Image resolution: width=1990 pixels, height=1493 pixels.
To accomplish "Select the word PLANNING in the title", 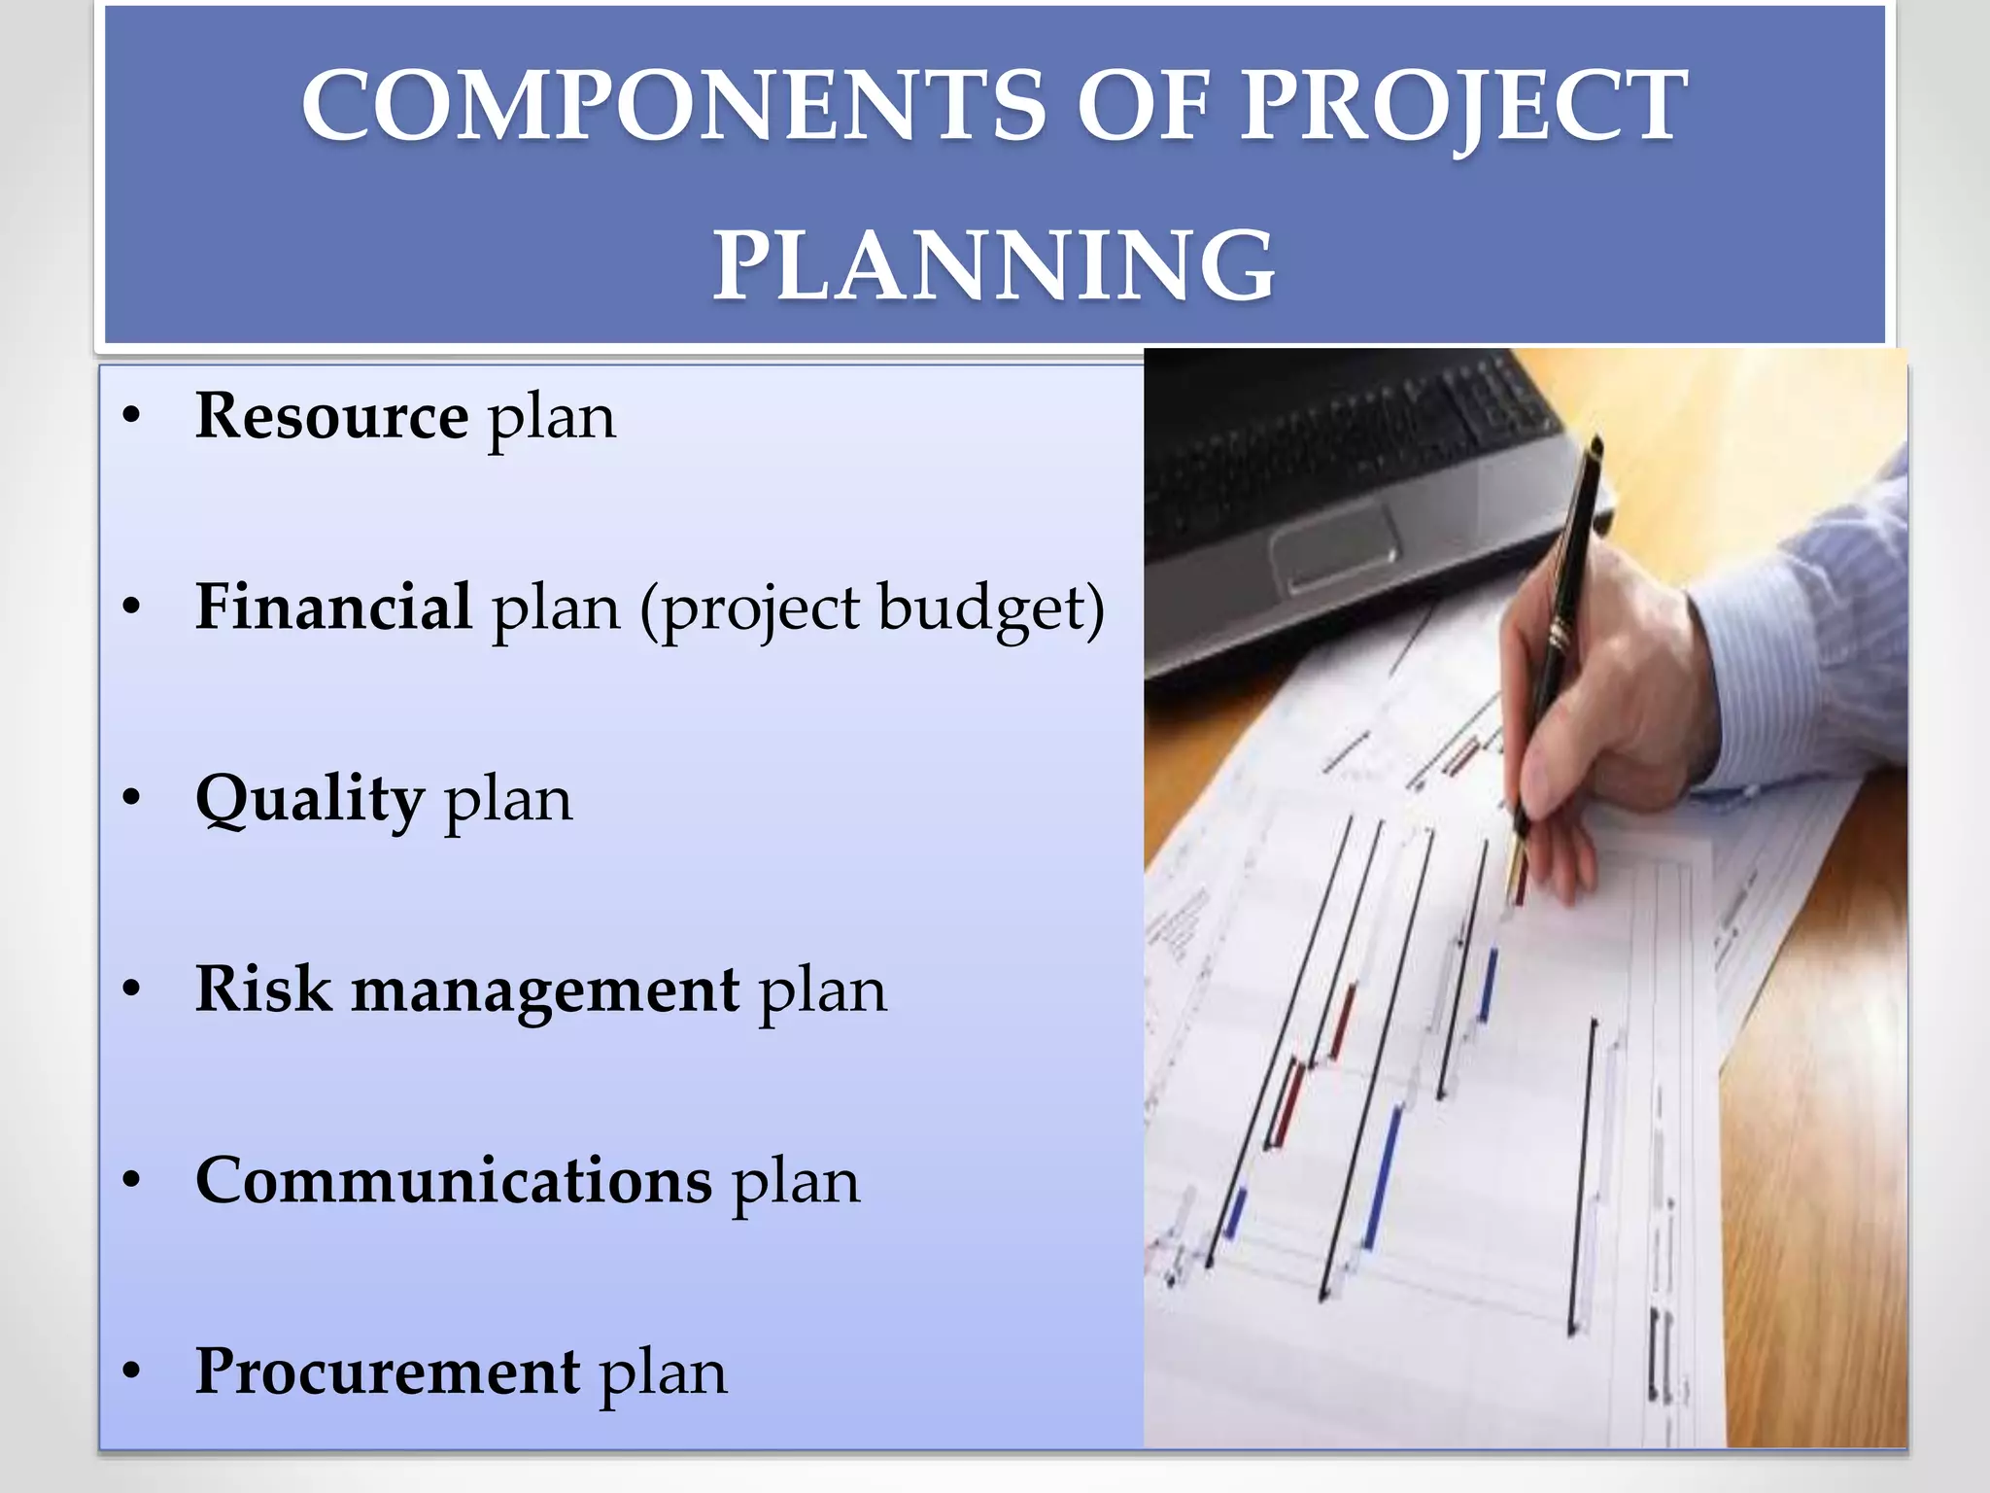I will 994,264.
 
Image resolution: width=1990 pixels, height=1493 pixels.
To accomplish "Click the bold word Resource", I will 332,416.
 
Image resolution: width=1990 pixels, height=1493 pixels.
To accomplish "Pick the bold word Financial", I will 334,607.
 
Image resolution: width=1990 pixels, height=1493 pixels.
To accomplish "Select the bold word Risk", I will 262,989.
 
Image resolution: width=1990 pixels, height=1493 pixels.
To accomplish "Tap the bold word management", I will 545,991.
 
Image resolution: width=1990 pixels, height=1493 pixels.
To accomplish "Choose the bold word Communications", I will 454,1180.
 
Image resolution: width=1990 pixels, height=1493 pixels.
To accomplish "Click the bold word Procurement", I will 388,1371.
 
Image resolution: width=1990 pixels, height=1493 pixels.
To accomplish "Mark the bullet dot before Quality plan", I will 132,798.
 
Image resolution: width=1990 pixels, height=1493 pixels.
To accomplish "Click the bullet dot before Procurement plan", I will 132,1371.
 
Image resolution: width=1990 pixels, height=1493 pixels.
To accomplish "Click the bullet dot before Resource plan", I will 132,416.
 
